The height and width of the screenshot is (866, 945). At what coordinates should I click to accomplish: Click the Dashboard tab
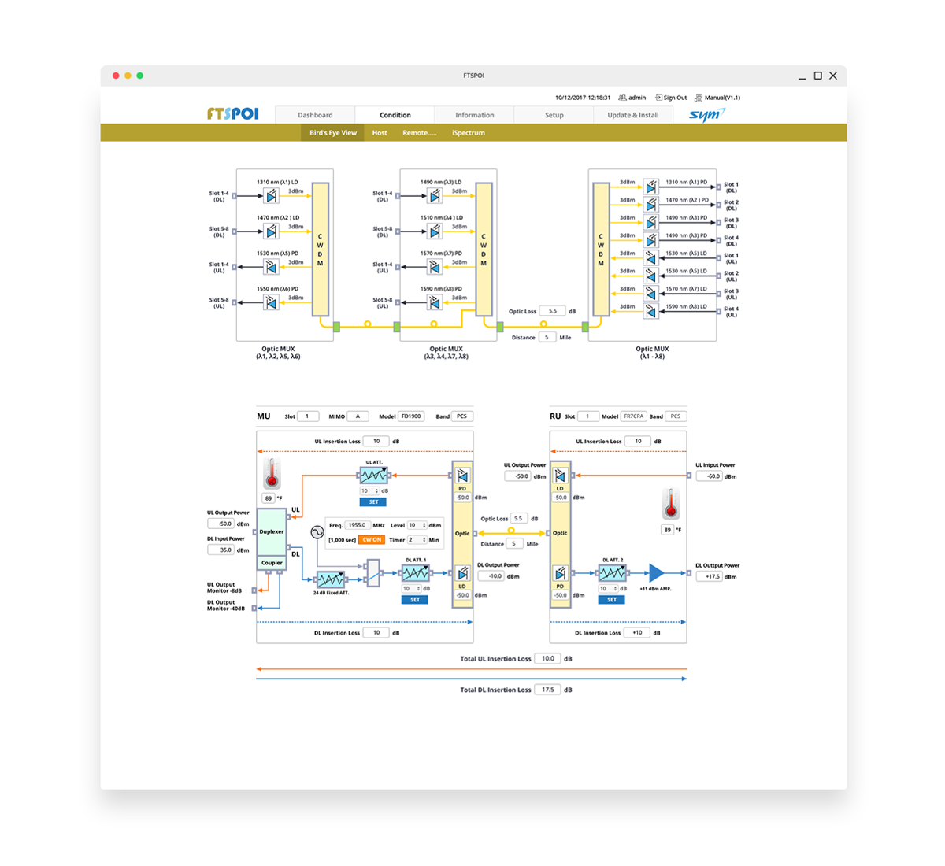[x=315, y=115]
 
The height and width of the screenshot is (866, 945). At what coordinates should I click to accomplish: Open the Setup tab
[x=554, y=115]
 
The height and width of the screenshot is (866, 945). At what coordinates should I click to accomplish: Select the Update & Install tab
[x=632, y=115]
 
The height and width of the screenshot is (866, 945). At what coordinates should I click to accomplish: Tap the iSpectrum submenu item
[x=469, y=133]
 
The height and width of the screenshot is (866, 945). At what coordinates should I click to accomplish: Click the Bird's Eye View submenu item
[x=333, y=133]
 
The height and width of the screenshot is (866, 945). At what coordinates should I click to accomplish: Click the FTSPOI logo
[x=233, y=113]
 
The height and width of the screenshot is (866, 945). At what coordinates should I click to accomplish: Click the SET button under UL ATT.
[x=373, y=501]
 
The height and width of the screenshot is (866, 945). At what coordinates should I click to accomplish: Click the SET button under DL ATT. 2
[x=612, y=600]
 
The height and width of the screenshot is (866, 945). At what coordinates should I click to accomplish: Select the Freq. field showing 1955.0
[x=358, y=525]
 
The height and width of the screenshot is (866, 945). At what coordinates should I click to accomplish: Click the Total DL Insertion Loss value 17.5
[x=547, y=690]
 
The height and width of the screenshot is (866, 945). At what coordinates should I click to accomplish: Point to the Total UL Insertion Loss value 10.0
[x=547, y=659]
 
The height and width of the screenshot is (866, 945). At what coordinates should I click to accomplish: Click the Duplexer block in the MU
[x=272, y=532]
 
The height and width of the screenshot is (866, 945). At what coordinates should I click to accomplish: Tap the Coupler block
[x=272, y=563]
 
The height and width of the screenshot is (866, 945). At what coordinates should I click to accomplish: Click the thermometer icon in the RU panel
[x=671, y=504]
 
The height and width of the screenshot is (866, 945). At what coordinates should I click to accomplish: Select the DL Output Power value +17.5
[x=712, y=576]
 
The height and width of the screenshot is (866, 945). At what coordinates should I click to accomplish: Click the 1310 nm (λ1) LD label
[x=277, y=182]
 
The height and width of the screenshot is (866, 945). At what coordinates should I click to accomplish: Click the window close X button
[x=833, y=76]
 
